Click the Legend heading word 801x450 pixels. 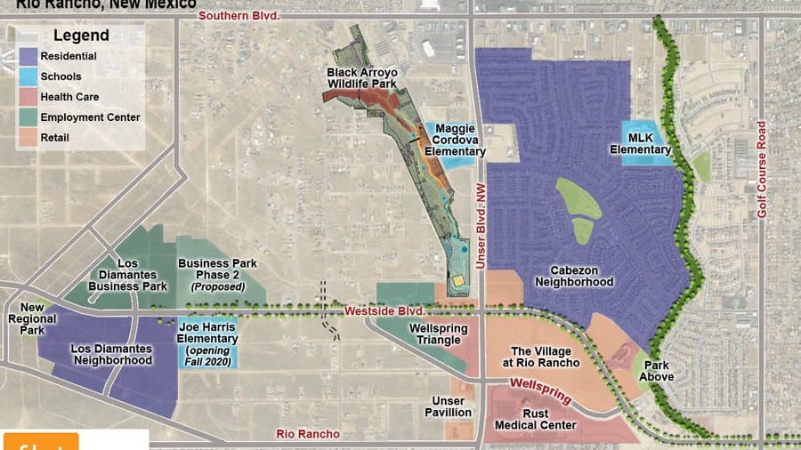[81, 36]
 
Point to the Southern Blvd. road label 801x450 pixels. [239, 16]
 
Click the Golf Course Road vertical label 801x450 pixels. [762, 170]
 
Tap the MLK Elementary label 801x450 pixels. [640, 143]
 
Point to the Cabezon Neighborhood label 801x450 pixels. [574, 275]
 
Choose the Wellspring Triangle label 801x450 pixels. [433, 334]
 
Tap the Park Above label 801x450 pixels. [658, 371]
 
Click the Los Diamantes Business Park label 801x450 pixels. [129, 275]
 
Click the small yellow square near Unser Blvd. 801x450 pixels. [458, 281]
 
